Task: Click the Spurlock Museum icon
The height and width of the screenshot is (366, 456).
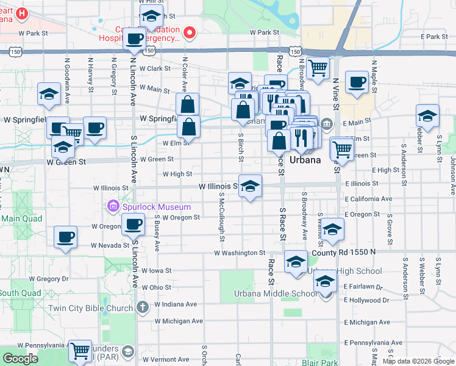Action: (x=113, y=207)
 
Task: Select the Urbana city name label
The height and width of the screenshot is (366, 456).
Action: (x=305, y=160)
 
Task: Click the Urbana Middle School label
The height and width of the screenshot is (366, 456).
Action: (x=276, y=293)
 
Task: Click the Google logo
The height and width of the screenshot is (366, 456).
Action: (x=20, y=359)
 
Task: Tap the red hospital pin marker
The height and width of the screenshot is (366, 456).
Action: (x=190, y=32)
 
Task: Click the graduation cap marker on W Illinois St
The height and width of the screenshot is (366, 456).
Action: (x=250, y=186)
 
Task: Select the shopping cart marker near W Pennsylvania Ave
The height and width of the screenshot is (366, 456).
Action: (x=80, y=351)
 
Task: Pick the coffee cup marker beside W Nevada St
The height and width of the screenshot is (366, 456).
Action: (x=65, y=237)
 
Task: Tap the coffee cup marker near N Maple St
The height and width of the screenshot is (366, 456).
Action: (x=357, y=82)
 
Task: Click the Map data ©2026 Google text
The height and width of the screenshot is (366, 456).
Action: (x=418, y=361)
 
